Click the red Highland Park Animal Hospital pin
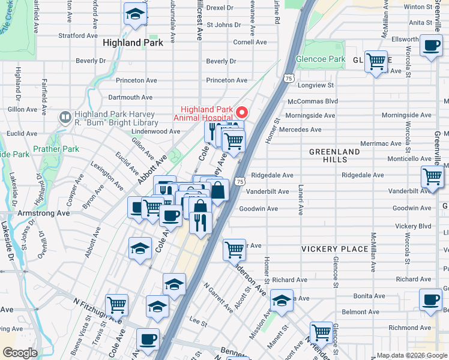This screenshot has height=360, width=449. [243, 112]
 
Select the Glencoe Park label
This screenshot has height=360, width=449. [320, 59]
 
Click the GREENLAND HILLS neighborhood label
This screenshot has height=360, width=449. [334, 155]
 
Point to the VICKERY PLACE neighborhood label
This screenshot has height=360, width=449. [334, 249]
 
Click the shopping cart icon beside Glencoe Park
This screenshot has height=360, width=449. [376, 62]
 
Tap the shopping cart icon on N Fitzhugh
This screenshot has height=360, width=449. [116, 304]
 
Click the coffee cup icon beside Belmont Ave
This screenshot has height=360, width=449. [430, 301]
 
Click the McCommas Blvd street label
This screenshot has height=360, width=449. [313, 101]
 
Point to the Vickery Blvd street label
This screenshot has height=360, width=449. [414, 226]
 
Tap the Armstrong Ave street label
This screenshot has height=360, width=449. [47, 213]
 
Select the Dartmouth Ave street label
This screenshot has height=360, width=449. [130, 97]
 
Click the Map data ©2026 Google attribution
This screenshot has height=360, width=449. [411, 355]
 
